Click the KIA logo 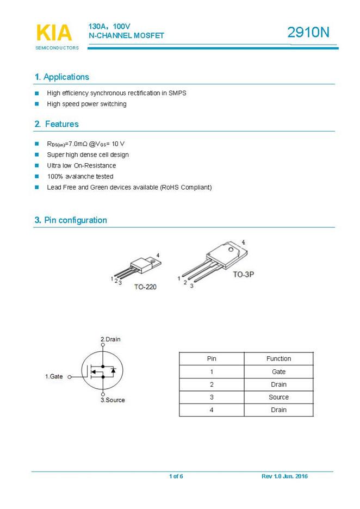click(53, 33)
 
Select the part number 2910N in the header click(308, 33)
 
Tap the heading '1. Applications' click(61, 77)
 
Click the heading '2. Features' click(57, 124)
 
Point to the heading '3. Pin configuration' click(71, 220)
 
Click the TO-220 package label click(145, 287)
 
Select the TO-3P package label click(244, 275)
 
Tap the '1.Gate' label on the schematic click(54, 376)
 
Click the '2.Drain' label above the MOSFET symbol click(110, 339)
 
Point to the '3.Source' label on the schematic click(113, 400)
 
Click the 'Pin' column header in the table click(212, 359)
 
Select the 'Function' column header click(278, 359)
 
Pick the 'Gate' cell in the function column click(278, 372)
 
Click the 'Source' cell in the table click(278, 398)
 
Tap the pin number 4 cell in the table click(212, 410)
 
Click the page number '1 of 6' click(176, 477)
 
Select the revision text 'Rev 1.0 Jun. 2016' click(284, 477)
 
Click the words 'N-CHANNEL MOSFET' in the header click(126, 36)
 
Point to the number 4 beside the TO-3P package click(243, 242)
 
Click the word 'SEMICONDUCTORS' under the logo click(57, 48)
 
